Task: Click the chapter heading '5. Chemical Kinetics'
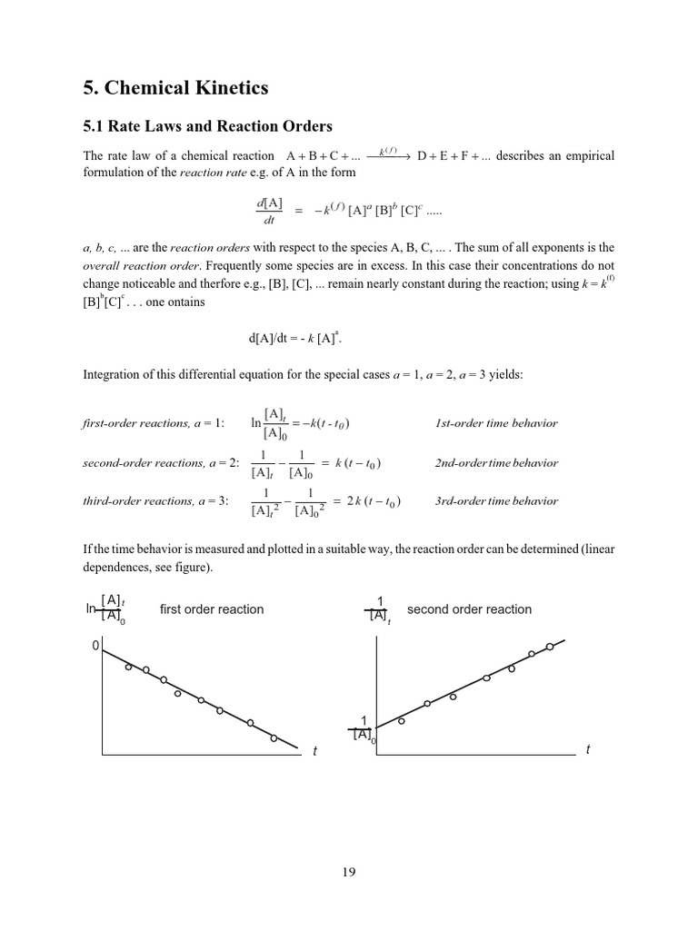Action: click(174, 87)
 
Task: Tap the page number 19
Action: click(349, 873)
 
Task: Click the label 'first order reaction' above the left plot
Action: click(212, 609)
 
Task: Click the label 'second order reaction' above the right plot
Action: click(469, 609)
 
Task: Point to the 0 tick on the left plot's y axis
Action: click(94, 646)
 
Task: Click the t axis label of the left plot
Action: click(314, 752)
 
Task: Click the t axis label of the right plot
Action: click(588, 749)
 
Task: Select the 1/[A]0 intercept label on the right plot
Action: click(364, 728)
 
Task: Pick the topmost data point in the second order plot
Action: click(550, 647)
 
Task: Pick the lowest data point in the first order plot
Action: click(274, 738)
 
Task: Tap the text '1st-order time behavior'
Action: click(497, 424)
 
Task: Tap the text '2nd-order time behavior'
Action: click(497, 463)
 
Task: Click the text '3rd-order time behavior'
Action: click(497, 501)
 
